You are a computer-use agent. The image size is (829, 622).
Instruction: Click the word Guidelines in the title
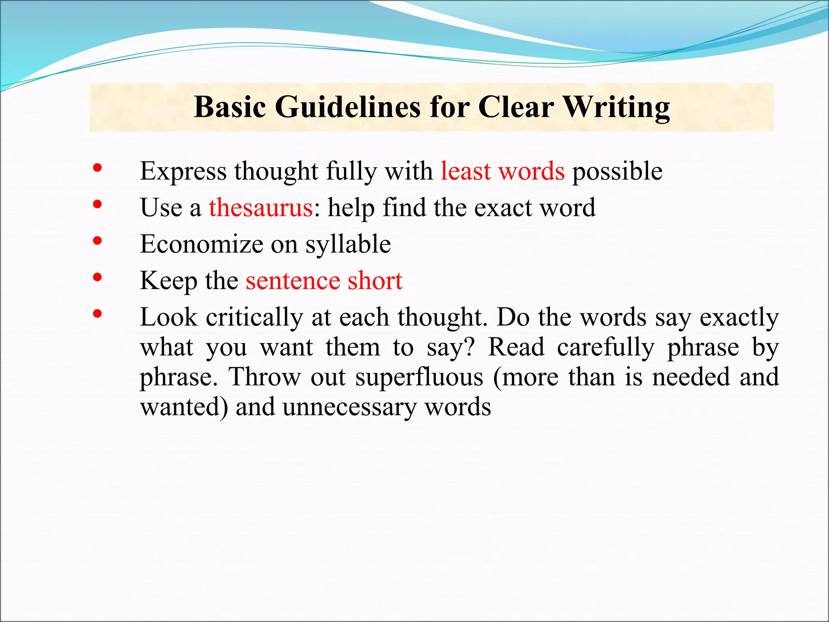click(x=348, y=107)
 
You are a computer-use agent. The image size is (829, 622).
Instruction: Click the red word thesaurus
click(x=261, y=208)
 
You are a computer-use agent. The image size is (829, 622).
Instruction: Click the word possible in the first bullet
click(x=617, y=172)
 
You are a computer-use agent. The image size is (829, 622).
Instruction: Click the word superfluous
click(x=419, y=377)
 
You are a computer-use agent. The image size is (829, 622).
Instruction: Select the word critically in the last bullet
click(x=254, y=317)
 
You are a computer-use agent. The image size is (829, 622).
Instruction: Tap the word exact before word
click(x=503, y=208)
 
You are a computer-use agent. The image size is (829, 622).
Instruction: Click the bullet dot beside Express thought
click(x=97, y=168)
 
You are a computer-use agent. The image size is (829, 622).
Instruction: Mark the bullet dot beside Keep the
click(x=97, y=277)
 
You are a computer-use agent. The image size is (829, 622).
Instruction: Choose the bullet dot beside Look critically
click(x=97, y=314)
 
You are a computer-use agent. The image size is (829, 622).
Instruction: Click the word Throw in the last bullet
click(x=264, y=377)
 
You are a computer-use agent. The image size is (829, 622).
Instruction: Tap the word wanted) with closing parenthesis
click(x=184, y=407)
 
